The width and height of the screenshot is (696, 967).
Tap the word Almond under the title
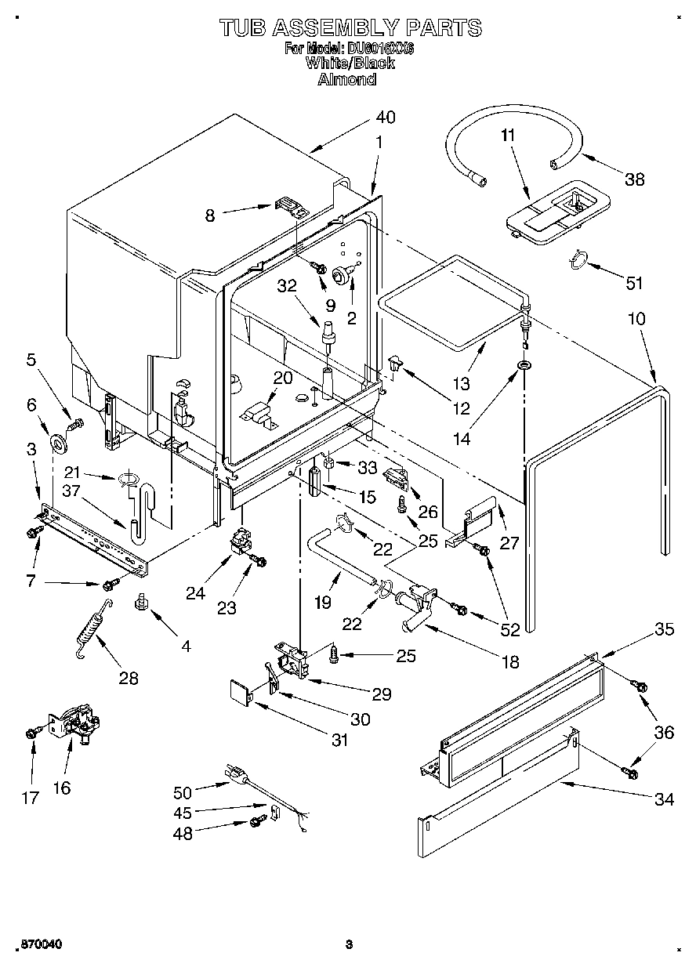point(346,79)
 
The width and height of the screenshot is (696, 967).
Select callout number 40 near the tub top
point(385,118)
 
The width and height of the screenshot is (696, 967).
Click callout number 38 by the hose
point(634,179)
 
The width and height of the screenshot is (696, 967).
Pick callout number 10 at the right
point(636,319)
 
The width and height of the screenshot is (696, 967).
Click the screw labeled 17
point(31,733)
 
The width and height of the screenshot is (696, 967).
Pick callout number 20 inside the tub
point(282,378)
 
